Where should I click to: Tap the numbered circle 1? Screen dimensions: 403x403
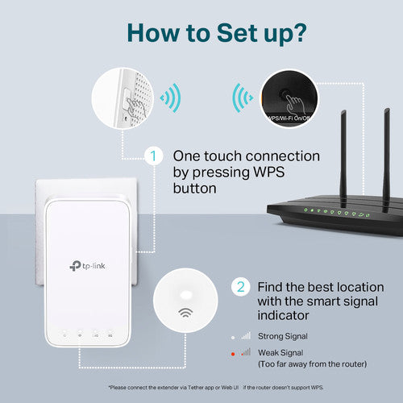152,155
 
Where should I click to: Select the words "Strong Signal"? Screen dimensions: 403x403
283,334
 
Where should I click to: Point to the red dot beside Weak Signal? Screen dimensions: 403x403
234,352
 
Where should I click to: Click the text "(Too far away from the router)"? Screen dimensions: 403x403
314,367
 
